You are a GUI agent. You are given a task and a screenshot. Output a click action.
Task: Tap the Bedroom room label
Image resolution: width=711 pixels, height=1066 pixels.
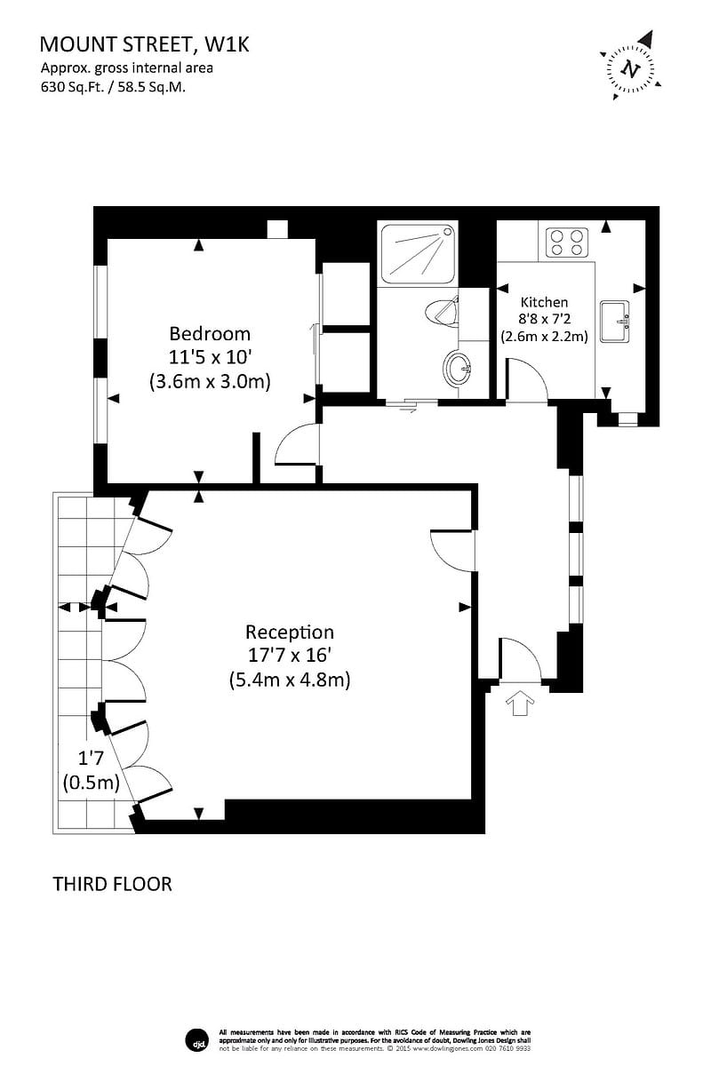coord(210,334)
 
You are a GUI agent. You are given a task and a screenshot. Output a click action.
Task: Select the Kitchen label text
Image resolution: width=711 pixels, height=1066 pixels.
coord(544,302)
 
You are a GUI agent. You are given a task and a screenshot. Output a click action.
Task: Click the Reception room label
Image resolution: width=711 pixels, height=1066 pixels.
coord(290,632)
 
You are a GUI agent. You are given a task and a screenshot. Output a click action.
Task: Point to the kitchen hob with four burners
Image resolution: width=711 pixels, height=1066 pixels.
coord(567,242)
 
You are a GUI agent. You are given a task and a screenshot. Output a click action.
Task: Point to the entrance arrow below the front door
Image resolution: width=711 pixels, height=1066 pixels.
coord(521,704)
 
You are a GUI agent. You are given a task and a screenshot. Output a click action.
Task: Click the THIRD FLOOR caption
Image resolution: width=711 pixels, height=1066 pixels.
coord(112,884)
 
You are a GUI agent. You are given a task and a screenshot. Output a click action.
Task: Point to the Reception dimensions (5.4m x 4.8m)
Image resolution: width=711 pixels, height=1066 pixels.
coord(290,680)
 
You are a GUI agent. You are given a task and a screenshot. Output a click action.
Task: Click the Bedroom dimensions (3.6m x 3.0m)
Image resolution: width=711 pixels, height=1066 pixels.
coord(210,381)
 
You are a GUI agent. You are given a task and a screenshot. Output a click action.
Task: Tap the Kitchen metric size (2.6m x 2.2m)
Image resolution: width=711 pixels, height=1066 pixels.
coord(545,337)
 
